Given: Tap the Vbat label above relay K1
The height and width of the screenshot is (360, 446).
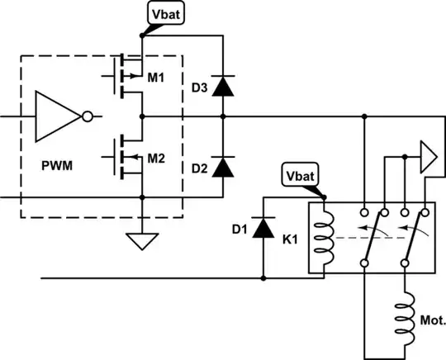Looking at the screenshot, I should (299, 178).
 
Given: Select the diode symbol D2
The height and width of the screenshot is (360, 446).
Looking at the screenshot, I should (221, 168).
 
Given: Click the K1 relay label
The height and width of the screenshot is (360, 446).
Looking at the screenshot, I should (291, 240).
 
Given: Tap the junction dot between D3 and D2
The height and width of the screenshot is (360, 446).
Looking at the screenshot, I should (221, 116).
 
